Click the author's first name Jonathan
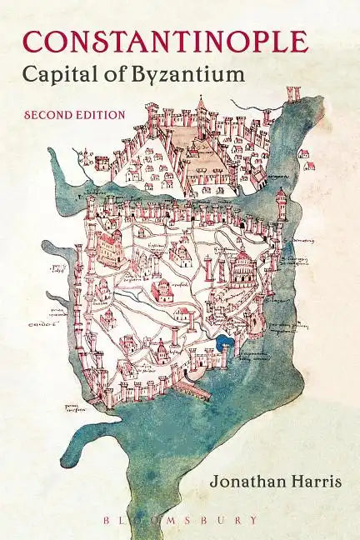[235, 480]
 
